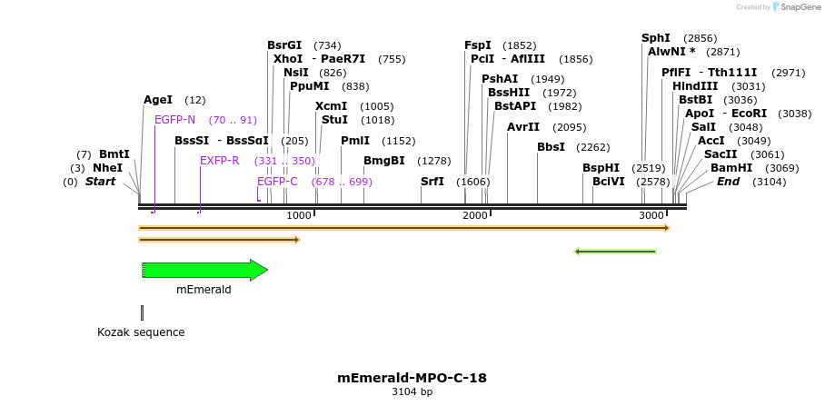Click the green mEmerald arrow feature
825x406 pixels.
coord(204,270)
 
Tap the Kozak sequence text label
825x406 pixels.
coord(141,332)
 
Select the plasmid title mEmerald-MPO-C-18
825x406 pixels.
coord(412,378)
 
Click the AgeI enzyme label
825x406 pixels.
coord(158,100)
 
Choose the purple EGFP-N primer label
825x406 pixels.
coord(174,120)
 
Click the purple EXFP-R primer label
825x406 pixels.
coord(220,161)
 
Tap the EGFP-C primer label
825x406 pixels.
coord(277,182)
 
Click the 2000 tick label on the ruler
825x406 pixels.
coord(475,215)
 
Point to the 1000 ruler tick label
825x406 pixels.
coord(298,215)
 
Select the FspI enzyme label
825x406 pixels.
coord(478,45)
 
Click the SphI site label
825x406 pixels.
coord(656,38)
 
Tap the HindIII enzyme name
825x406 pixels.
coord(695,86)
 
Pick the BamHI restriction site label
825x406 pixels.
coord(731,168)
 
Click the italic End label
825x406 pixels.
coord(729,182)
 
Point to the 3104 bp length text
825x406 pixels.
coord(412,392)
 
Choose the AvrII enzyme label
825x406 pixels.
coord(523,127)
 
